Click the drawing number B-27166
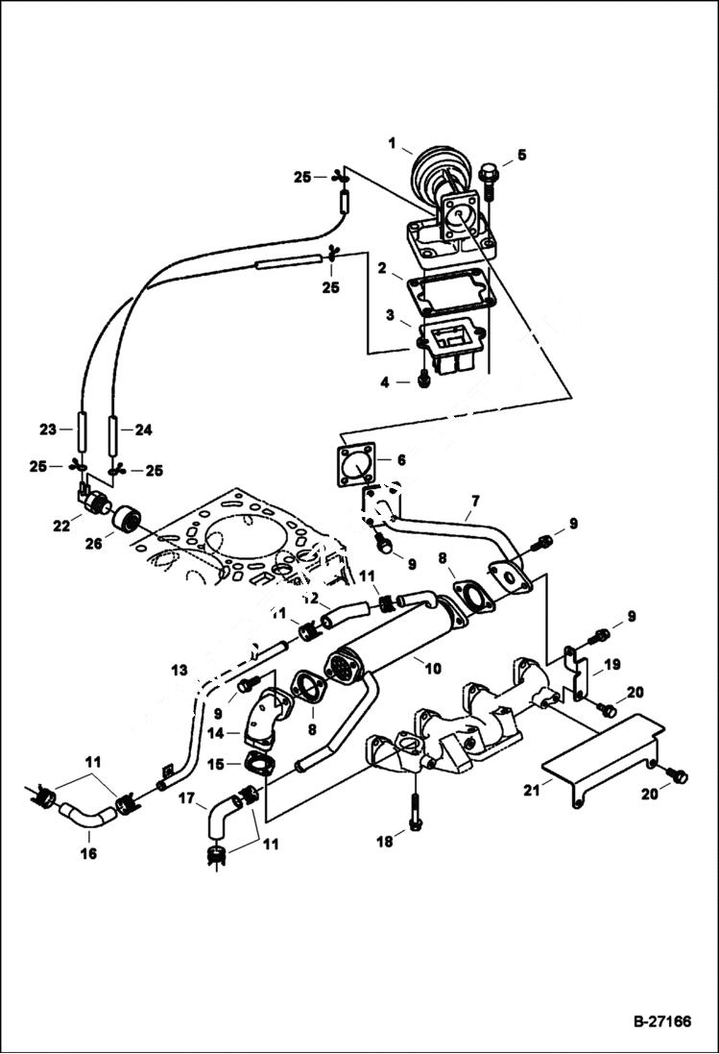point(661,1021)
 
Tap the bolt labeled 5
point(489,177)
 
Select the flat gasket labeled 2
point(445,292)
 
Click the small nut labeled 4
point(423,380)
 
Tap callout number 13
point(180,669)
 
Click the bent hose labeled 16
point(85,815)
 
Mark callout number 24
point(143,429)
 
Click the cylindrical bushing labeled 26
point(127,520)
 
